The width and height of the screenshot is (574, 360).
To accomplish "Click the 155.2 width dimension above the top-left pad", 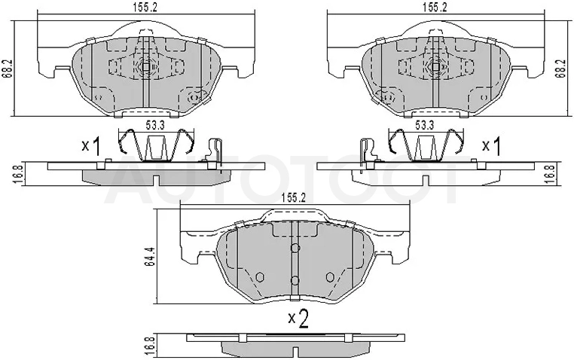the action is click(145, 8).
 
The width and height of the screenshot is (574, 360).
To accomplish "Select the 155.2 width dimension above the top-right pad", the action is click(435, 8).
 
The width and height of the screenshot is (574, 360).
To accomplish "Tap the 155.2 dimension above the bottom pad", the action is click(293, 198).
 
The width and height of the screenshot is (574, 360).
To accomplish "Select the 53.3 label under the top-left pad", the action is click(155, 125).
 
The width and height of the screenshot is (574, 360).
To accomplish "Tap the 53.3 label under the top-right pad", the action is click(424, 125).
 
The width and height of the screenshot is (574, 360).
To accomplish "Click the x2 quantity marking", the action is click(298, 319).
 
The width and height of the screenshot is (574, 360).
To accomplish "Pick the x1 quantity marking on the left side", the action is click(91, 146).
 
